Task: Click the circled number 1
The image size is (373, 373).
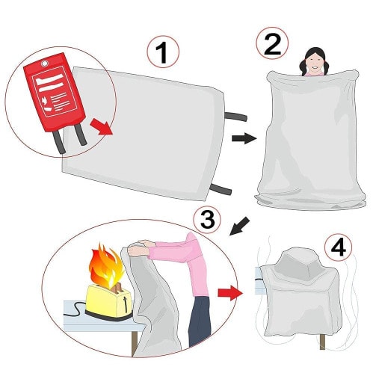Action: point(163,52)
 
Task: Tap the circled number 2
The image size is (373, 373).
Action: point(272,44)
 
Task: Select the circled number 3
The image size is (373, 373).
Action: point(207,220)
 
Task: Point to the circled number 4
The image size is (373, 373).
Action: point(339,247)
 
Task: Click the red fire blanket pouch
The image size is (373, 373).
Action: point(55,92)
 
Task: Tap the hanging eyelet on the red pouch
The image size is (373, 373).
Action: point(45,64)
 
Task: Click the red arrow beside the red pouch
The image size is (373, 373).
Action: point(102,126)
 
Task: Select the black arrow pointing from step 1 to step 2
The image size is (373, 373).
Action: point(244,138)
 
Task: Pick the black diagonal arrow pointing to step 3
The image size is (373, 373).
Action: point(239,226)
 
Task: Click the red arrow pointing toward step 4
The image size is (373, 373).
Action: point(230,293)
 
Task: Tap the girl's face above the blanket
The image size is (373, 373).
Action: point(314,63)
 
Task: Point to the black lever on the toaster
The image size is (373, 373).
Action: point(126,303)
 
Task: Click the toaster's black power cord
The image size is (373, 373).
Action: point(75,309)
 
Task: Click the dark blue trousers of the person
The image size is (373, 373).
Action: point(200,321)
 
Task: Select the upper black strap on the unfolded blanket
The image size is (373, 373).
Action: point(235,116)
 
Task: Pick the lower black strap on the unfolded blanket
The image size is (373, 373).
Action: point(221,188)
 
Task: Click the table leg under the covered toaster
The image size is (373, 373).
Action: point(322,342)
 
